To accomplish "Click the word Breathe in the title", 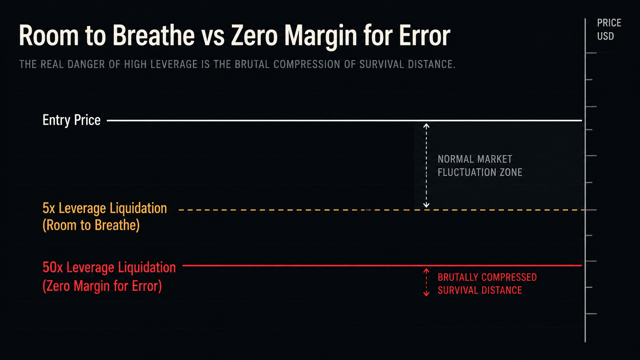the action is click(154, 36).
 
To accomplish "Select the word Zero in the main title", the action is click(254, 36).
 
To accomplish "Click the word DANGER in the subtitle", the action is click(87, 64).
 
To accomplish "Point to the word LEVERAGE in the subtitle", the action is click(174, 64).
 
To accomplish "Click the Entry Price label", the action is click(72, 120).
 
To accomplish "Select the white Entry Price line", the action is click(344, 121).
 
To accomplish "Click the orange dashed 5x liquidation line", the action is click(382, 210).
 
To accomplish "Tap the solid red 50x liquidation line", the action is click(382, 266).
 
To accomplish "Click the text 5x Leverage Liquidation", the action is click(104, 208).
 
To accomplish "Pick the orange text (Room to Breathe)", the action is click(91, 225).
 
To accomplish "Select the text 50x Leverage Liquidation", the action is click(109, 267).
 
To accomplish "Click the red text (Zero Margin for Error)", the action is click(102, 286).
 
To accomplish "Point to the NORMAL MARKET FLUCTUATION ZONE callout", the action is click(480, 166).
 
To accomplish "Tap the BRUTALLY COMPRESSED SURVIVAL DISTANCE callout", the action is click(487, 284).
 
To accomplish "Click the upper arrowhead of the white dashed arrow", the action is click(426, 125).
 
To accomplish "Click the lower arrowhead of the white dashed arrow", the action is click(426, 205).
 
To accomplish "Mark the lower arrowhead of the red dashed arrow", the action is click(426, 293).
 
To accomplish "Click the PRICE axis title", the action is click(609, 23).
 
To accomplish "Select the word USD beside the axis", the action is click(606, 36).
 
